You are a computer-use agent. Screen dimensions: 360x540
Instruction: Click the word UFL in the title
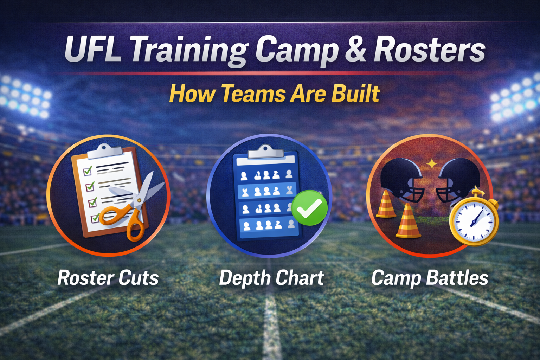92,50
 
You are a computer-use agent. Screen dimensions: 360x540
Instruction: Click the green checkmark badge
309,208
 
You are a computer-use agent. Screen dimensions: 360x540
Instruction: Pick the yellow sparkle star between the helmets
431,163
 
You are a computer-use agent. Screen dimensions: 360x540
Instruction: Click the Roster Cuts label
108,278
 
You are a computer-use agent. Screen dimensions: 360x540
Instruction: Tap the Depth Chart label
271,278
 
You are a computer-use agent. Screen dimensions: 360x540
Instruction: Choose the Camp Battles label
430,278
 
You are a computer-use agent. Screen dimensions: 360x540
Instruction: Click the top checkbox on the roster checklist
88,171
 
